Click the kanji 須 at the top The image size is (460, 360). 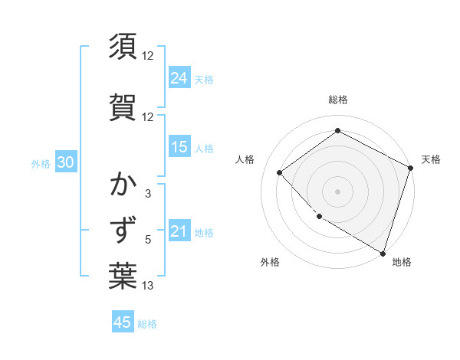(x=123, y=45)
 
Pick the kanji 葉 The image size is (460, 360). (x=123, y=277)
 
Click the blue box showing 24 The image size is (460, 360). (x=179, y=77)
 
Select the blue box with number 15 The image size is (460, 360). (x=179, y=147)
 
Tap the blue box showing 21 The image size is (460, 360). (x=179, y=231)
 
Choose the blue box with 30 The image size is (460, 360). (x=65, y=163)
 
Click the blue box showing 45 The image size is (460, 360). (x=123, y=322)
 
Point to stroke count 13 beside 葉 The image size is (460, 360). (x=148, y=286)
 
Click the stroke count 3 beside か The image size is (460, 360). (x=148, y=194)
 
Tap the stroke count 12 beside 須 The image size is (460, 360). (x=148, y=55)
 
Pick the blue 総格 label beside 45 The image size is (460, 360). (x=147, y=324)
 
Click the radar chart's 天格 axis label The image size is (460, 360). (x=431, y=159)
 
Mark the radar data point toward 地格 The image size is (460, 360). (x=382, y=252)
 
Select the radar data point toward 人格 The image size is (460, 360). (x=280, y=172)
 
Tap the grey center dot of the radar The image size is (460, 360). (x=337, y=191)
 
